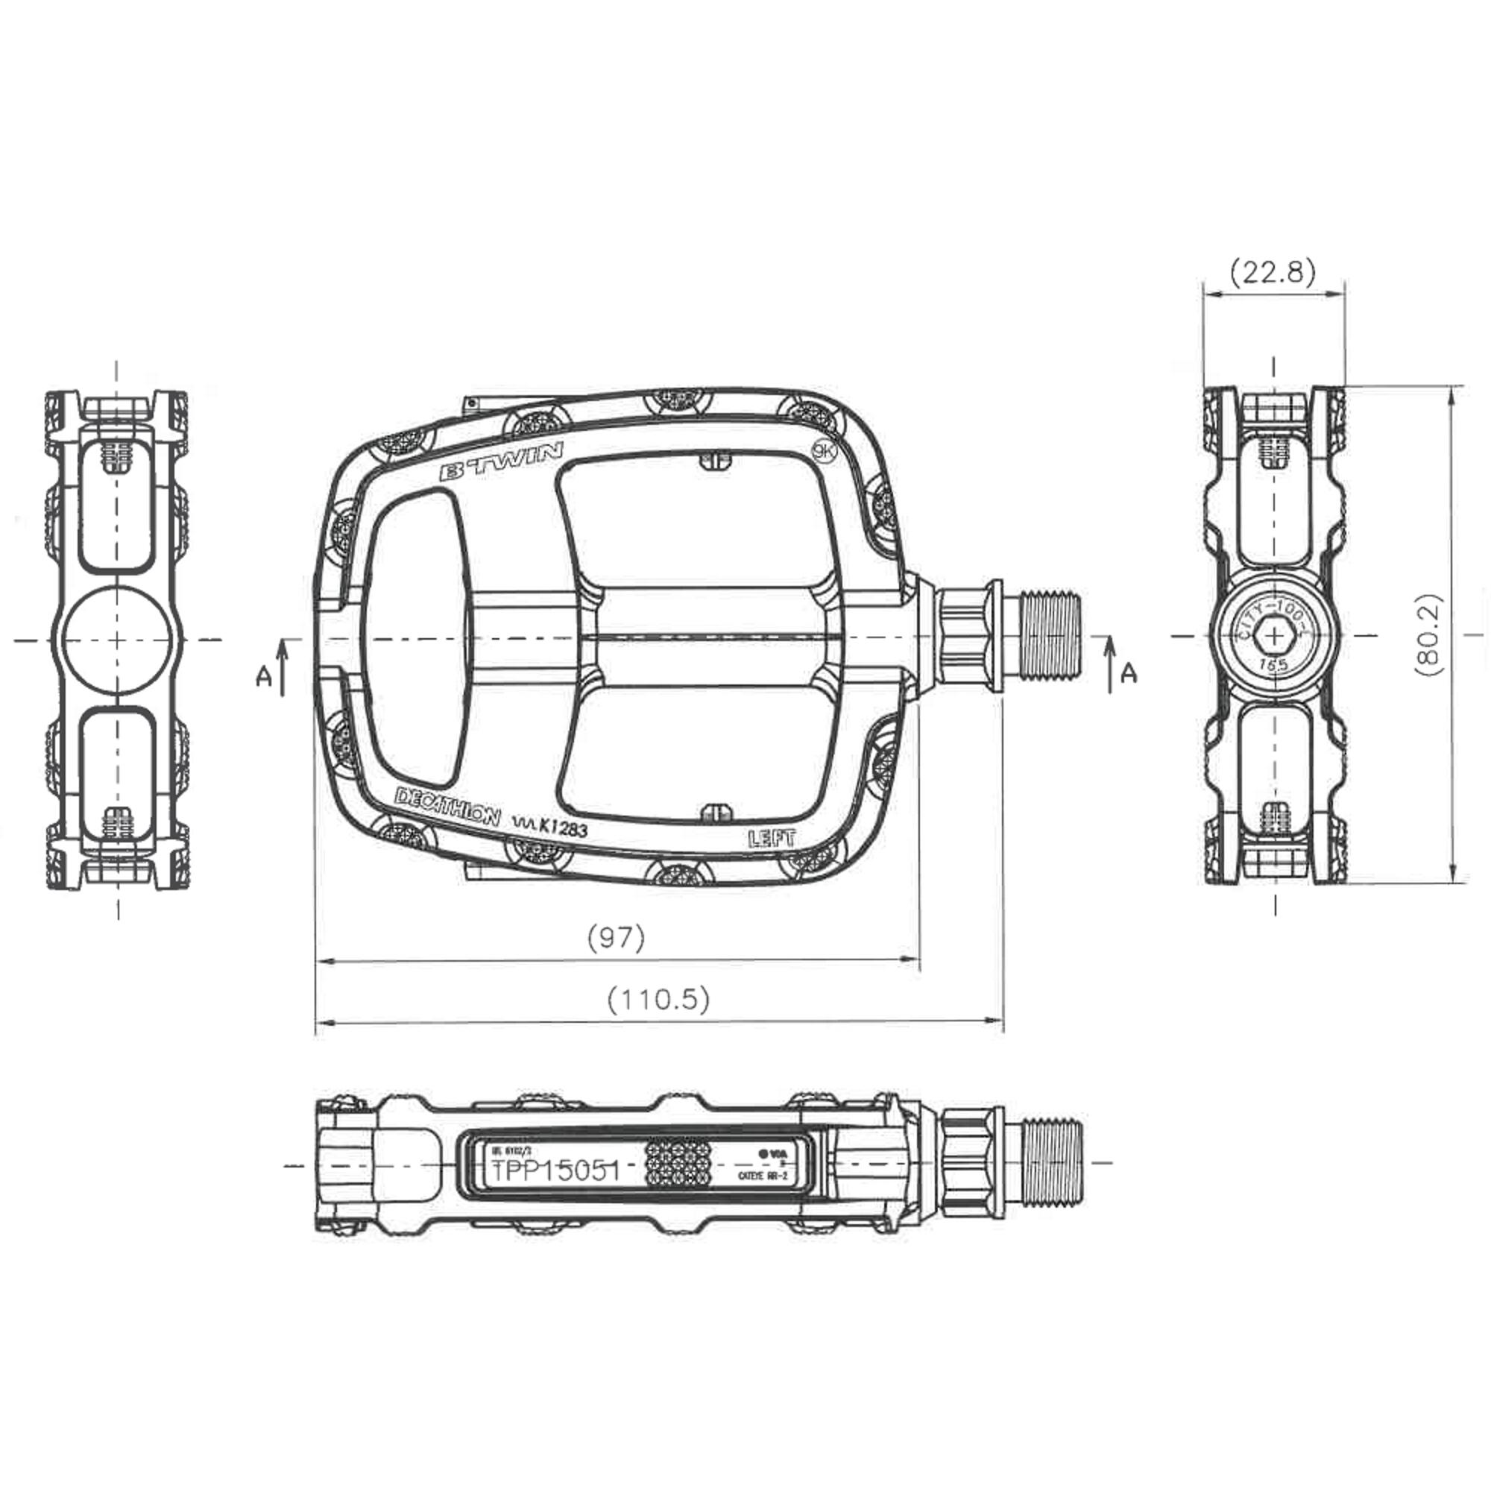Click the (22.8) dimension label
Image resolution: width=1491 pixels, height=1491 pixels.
pos(1273,271)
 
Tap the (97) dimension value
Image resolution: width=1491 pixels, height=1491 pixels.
pos(616,938)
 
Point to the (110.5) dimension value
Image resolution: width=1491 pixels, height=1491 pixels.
pos(658,1000)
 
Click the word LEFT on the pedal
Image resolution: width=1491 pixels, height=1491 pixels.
pos(771,838)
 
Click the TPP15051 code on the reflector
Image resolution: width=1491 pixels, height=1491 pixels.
pos(555,1170)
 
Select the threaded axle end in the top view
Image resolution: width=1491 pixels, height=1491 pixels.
pos(1052,637)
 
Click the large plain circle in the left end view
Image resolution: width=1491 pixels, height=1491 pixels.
pos(117,640)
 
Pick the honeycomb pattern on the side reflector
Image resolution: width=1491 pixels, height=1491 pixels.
pos(677,1162)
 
